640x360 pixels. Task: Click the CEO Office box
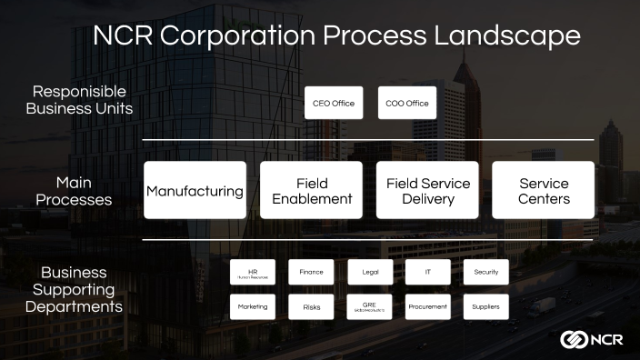point(334,103)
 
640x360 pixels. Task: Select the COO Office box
point(407,103)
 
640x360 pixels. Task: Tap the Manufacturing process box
point(195,190)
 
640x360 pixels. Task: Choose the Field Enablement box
point(312,190)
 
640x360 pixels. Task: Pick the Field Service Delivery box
point(427,190)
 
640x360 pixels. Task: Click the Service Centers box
point(544,190)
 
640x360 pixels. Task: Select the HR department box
point(253,272)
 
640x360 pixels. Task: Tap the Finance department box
point(312,272)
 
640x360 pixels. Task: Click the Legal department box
point(370,272)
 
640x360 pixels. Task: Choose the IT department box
point(428,272)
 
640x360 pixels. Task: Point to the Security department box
point(486,272)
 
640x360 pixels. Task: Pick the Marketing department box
point(253,306)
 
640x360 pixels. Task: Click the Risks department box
point(312,306)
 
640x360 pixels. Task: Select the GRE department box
point(370,306)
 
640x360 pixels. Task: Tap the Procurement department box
point(428,306)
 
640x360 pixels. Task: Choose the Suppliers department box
point(486,306)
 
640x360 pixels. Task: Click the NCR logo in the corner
point(591,338)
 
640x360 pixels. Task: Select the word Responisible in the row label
point(79,92)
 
